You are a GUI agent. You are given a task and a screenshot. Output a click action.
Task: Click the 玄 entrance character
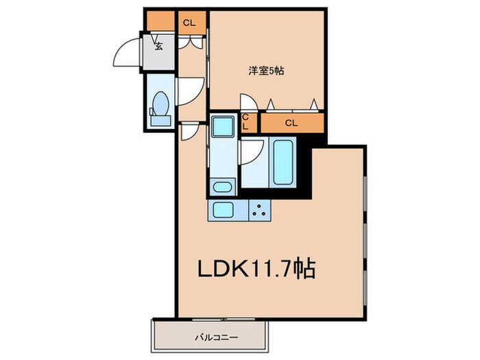coord(158,47)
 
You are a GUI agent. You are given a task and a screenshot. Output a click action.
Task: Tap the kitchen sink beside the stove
coord(224,209)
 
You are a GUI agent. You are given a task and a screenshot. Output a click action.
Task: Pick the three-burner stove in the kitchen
coord(260,210)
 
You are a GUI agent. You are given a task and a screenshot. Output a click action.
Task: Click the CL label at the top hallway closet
coord(189,23)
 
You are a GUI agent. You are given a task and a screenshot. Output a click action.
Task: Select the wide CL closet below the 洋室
coord(291,123)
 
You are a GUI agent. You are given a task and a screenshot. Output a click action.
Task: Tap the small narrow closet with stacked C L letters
coord(247,123)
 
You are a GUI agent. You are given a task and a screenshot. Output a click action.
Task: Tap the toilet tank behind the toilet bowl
coord(161,121)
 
